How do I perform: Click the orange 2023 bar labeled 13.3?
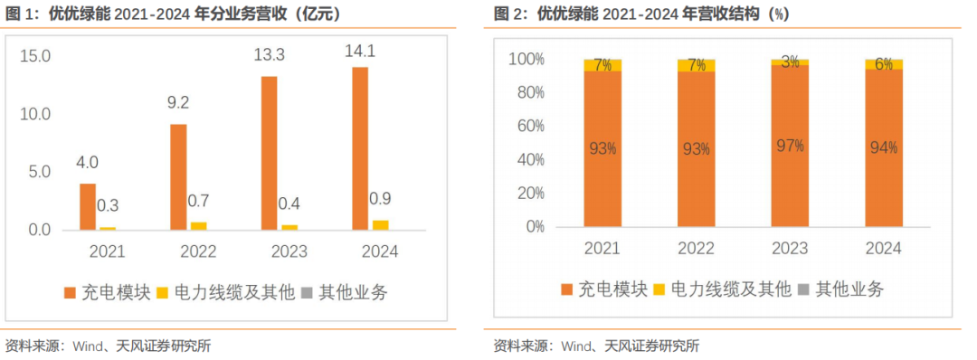click(x=269, y=153)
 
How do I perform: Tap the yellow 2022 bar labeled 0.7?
click(x=198, y=225)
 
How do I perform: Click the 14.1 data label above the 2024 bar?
click(x=359, y=52)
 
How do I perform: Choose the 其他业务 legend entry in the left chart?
click(x=344, y=291)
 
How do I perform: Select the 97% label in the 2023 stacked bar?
click(x=789, y=145)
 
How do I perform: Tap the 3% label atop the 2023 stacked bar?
click(x=789, y=62)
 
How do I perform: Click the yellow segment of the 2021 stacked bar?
click(x=602, y=65)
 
